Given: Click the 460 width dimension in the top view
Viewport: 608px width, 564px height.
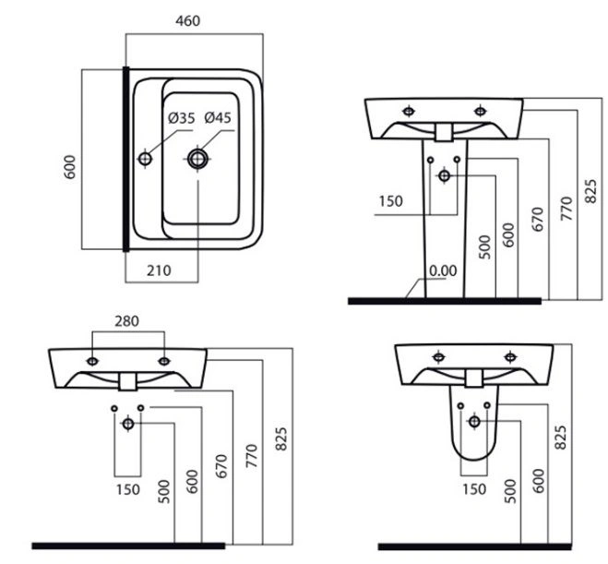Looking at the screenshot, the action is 187,21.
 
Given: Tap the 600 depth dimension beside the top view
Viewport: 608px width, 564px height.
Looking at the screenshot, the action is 70,167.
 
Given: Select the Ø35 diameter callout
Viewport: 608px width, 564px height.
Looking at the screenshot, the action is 182,117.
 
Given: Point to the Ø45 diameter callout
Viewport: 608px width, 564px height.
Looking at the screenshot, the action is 218,117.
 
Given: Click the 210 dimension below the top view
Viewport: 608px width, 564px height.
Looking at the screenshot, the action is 159,270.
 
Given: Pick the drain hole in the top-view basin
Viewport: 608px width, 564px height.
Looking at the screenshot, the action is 197,159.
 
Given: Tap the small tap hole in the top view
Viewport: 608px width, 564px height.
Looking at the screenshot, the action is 146,158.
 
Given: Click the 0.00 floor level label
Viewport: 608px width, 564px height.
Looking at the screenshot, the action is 443,270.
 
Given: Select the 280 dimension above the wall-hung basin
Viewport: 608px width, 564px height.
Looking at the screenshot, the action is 126,321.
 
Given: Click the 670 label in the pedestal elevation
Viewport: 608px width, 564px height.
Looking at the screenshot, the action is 538,220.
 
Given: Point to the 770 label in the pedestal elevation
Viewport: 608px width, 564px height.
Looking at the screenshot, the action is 566,209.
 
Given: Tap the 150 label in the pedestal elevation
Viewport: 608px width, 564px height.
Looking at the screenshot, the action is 391,201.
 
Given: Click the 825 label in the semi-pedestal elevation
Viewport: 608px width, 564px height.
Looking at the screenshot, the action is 560,438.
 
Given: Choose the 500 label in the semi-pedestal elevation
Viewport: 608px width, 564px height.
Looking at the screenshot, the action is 510,491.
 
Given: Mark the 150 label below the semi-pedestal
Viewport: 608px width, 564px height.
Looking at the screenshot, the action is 474,489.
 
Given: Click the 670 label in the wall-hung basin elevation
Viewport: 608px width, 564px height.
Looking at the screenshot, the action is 221,466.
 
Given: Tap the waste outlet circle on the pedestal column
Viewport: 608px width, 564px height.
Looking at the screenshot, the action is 445,176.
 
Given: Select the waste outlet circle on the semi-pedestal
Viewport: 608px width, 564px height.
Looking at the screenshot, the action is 474,422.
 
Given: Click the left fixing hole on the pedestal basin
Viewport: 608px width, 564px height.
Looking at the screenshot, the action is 409,112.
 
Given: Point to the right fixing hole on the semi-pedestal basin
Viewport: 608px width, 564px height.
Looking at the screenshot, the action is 510,356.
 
